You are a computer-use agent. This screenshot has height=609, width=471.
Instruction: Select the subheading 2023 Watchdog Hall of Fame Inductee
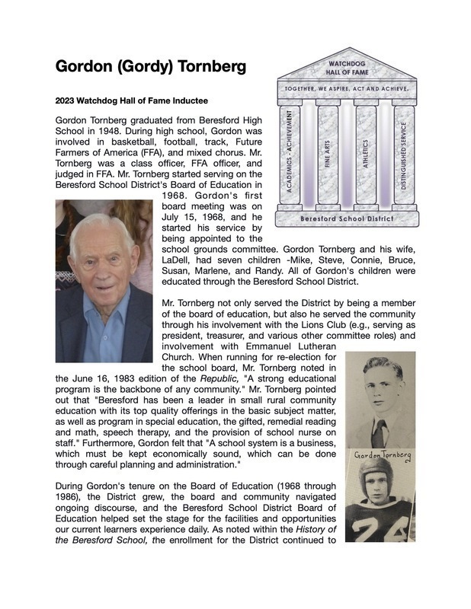tap(132, 100)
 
